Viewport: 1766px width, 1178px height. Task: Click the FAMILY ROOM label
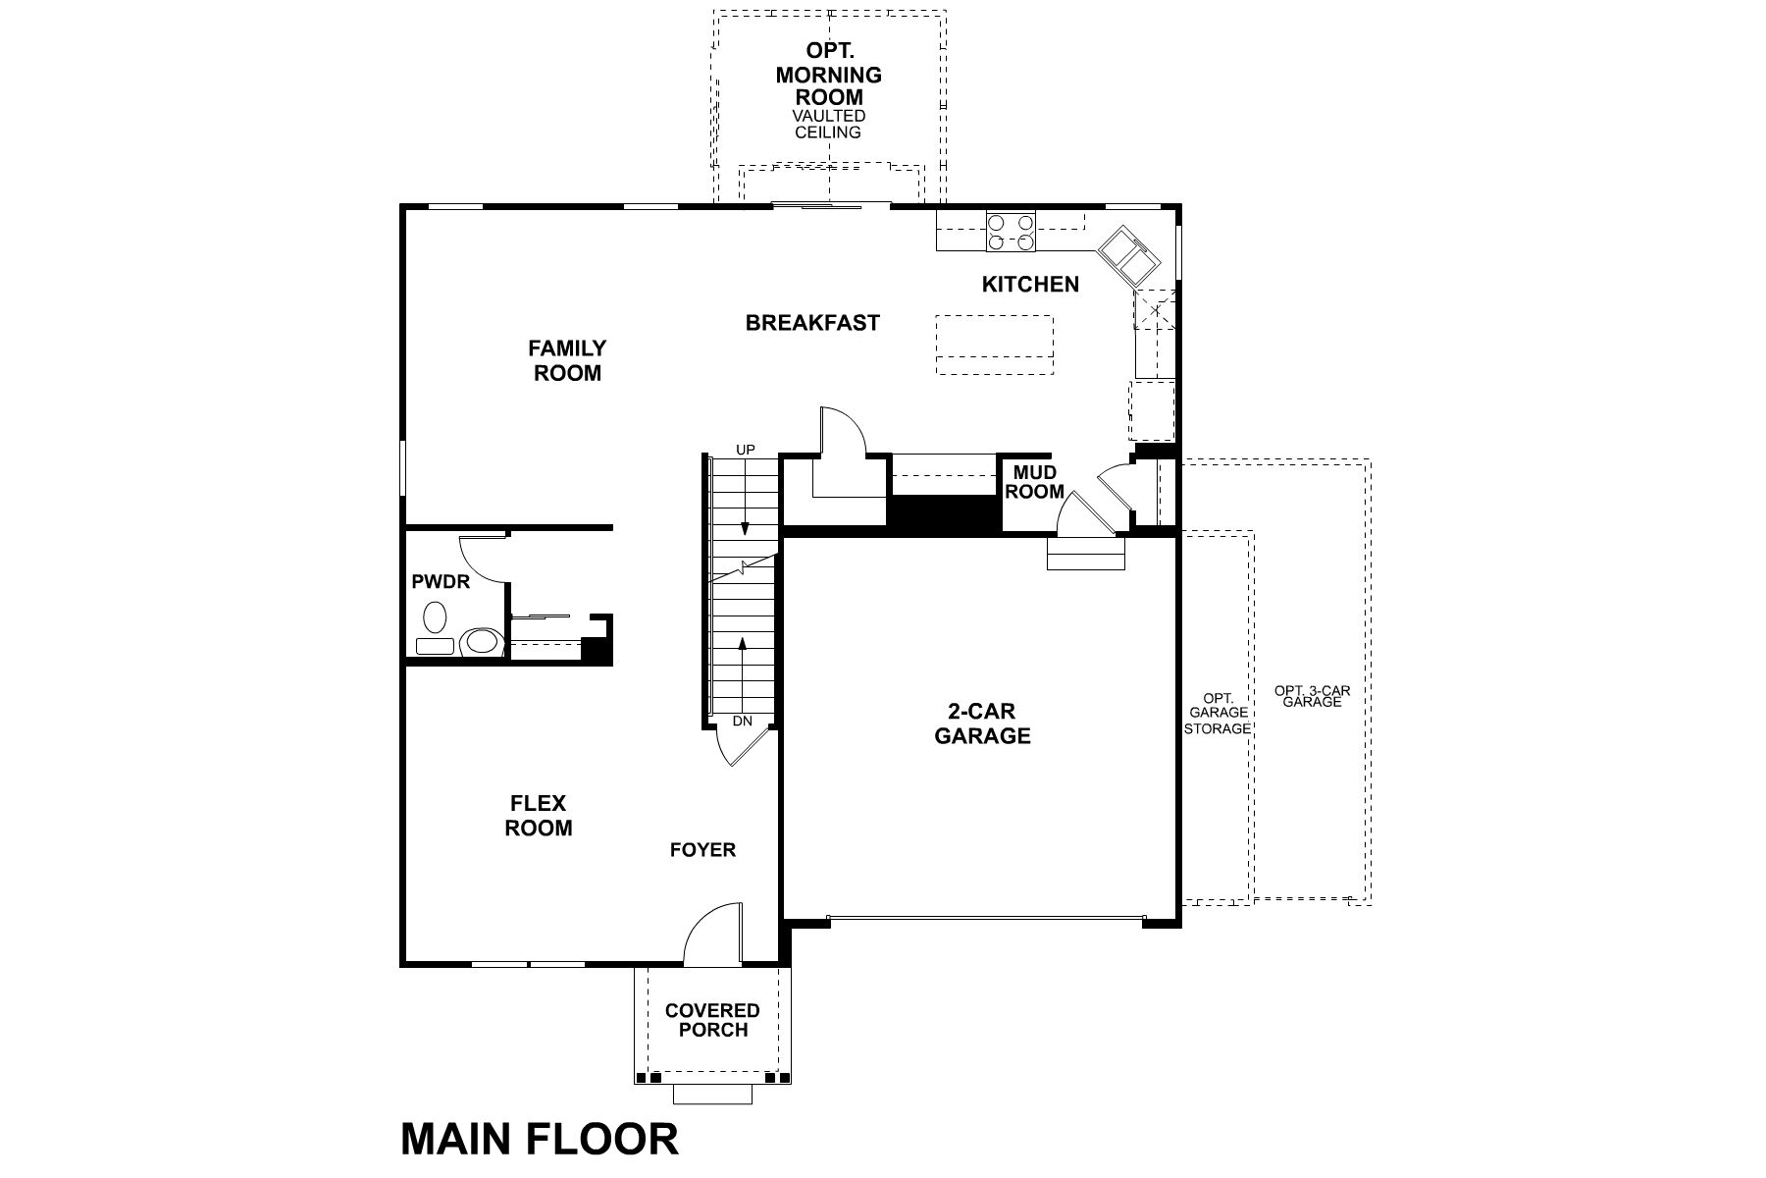coord(567,360)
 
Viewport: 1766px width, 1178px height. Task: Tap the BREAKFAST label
coord(812,323)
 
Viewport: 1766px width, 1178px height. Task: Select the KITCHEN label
coord(1030,285)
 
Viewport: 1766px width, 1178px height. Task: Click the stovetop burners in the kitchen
coord(1012,232)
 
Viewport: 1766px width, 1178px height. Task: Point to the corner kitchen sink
coord(1127,255)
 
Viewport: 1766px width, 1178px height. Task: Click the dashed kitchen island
coord(994,345)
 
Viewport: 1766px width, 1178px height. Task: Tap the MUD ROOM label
coord(1034,482)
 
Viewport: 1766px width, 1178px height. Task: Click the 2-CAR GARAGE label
coord(982,723)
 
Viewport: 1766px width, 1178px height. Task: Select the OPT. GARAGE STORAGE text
coord(1217,714)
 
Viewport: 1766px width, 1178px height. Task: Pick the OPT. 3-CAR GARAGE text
coord(1312,696)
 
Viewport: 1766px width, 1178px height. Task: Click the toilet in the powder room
coord(480,642)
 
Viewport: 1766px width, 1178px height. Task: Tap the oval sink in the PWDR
coord(434,618)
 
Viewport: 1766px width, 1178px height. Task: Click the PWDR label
coord(441,582)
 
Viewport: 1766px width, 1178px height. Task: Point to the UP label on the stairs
coord(746,450)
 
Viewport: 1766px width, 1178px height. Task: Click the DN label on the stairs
coord(743,721)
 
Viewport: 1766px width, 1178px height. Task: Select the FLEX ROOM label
coord(539,816)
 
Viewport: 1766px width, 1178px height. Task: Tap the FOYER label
coord(702,850)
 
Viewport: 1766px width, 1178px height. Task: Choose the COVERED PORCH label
coord(712,1020)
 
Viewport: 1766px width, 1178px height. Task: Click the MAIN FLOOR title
coord(540,1140)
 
